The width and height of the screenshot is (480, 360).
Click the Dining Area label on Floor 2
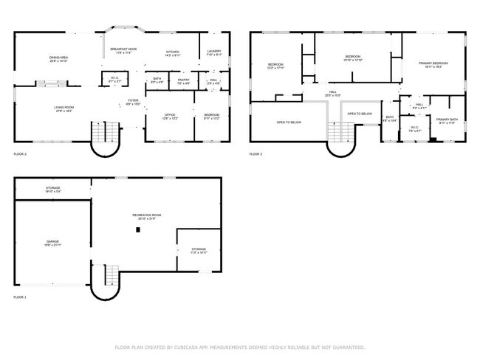pos(59,58)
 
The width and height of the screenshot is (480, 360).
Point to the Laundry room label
pos(214,52)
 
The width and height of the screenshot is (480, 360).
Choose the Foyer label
pos(133,101)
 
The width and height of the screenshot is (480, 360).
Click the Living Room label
pos(64,108)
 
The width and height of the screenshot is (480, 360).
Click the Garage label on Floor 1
pos(52,242)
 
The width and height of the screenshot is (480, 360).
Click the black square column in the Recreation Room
pos(137,230)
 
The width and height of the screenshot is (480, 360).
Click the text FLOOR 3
pos(256,154)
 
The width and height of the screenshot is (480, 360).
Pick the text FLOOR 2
pos(20,154)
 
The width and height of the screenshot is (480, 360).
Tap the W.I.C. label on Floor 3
pos(414,129)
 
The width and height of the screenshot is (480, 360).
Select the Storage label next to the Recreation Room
pos(199,250)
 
